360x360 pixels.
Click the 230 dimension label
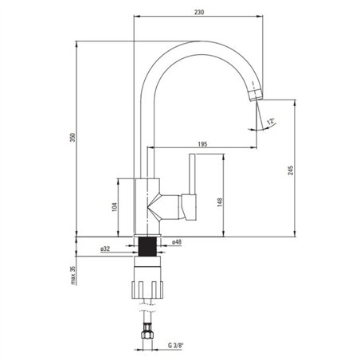pyautogui.click(x=199, y=12)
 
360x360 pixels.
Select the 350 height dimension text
pyautogui.click(x=72, y=137)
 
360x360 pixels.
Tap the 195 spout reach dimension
pyautogui.click(x=202, y=144)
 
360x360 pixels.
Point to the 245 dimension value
pyautogui.click(x=291, y=170)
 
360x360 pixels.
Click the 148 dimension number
pyautogui.click(x=220, y=202)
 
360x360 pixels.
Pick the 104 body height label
pyautogui.click(x=115, y=207)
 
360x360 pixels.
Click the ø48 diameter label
pyautogui.click(x=177, y=242)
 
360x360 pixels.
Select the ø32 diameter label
pyautogui.click(x=105, y=249)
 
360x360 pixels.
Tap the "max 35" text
pyautogui.click(x=73, y=276)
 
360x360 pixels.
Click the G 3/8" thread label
pyautogui.click(x=176, y=346)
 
